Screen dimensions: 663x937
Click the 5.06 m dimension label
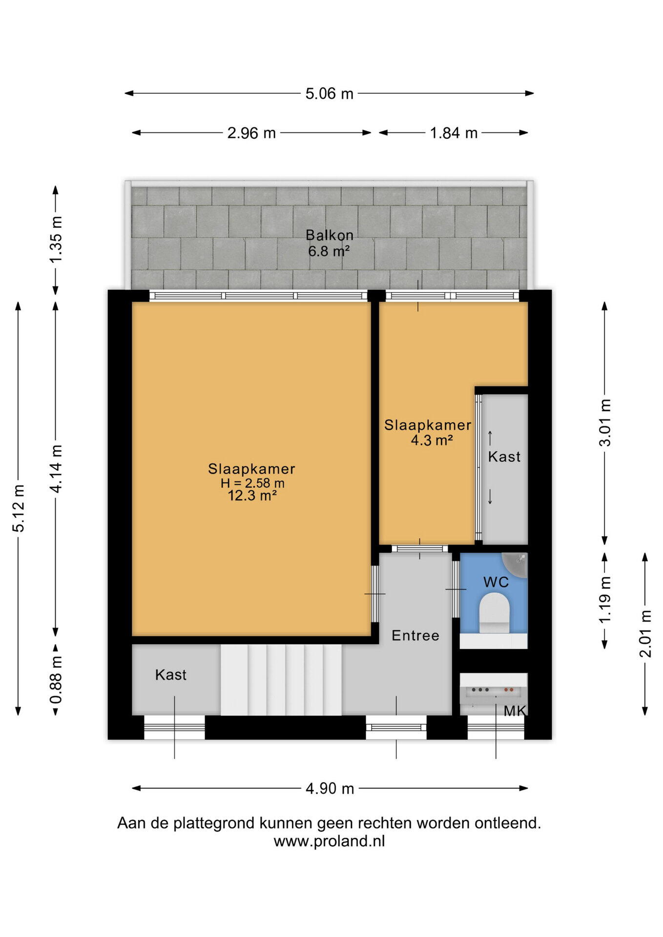(329, 93)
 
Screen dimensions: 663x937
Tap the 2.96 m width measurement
(251, 133)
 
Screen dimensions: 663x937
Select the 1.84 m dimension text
(454, 133)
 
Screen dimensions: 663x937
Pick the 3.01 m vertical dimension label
(605, 423)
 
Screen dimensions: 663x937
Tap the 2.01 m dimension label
(645, 634)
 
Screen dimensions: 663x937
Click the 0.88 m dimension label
(56, 680)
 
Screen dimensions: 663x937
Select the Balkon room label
(330, 235)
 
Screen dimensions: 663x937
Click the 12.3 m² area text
(252, 496)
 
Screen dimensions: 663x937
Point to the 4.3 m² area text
(432, 440)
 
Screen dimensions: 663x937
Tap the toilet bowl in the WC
(494, 613)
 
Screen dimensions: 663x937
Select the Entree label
(415, 635)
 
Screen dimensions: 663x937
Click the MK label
(515, 711)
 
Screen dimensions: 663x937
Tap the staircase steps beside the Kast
(281, 680)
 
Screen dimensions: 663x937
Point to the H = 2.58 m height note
(252, 483)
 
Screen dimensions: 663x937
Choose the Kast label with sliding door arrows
(504, 457)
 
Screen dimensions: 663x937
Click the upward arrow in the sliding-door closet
(490, 438)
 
